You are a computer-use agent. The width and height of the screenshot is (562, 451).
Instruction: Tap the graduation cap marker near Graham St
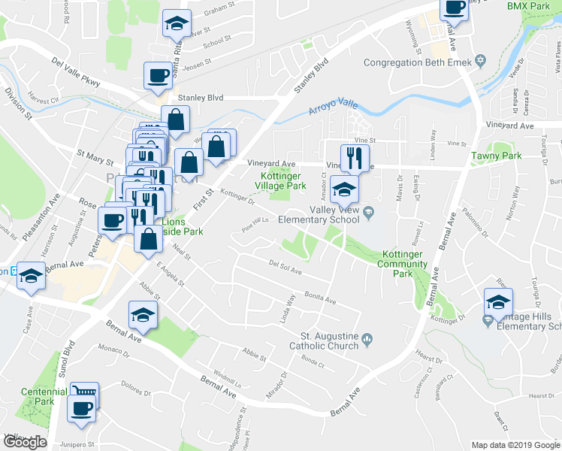pos(177,23)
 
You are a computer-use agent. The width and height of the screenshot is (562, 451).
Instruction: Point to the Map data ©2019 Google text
pos(516,445)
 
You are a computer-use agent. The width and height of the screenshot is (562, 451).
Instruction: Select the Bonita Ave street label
pos(320,298)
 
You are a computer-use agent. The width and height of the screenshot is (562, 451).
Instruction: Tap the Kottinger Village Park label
pos(278,180)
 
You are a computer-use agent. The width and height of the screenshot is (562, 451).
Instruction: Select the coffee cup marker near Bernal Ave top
pos(454,8)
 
